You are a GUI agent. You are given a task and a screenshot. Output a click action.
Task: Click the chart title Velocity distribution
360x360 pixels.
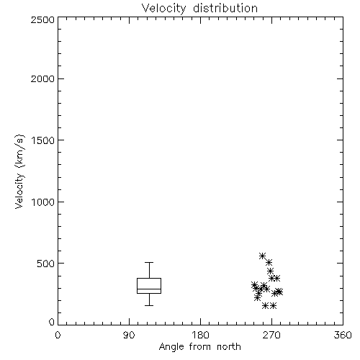[199, 9]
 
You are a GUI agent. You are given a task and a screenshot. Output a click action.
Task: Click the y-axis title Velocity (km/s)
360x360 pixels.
[19, 171]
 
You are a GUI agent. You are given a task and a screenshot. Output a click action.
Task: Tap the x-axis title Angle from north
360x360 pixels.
[199, 347]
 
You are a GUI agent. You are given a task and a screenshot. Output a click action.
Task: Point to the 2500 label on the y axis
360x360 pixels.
[42, 19]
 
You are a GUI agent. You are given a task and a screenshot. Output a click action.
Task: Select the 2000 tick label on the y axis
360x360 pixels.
[42, 78]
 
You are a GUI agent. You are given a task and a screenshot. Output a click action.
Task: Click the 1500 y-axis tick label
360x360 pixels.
[43, 140]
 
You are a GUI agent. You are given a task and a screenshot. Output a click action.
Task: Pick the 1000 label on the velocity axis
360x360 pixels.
[43, 202]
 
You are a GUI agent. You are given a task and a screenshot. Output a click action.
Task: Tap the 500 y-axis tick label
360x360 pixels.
[46, 264]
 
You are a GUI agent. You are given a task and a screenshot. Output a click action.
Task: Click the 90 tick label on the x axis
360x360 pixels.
[129, 335]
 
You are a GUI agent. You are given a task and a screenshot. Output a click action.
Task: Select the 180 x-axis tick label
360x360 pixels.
[200, 335]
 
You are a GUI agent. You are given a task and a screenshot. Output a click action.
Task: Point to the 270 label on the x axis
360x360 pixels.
[271, 335]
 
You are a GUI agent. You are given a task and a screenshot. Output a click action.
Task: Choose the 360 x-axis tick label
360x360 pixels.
[343, 335]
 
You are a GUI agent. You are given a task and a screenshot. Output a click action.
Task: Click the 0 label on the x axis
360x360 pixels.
[58, 335]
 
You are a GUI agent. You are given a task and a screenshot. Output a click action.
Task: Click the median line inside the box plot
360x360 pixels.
[149, 289]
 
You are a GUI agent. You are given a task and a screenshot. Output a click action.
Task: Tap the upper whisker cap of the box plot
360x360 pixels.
[149, 263]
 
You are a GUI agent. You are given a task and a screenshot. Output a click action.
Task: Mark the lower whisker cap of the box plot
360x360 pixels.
[149, 305]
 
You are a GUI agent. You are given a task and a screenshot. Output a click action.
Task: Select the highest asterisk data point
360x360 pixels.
[262, 256]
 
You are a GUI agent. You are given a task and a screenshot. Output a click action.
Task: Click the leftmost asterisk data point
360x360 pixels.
[254, 285]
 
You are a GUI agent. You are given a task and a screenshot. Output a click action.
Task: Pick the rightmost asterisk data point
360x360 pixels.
[279, 292]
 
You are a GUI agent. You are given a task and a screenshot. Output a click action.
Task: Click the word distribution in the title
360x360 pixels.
[225, 9]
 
